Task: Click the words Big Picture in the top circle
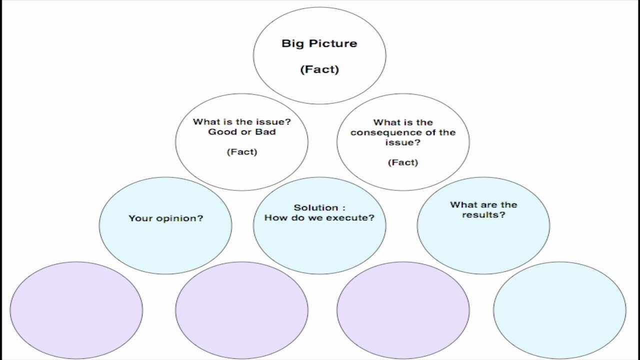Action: (x=319, y=43)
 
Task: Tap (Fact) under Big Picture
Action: (x=319, y=69)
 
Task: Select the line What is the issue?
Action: (x=242, y=122)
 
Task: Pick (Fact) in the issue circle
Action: (x=242, y=152)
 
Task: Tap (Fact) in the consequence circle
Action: (x=403, y=162)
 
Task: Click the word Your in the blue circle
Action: (x=140, y=218)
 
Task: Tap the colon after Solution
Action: (x=343, y=208)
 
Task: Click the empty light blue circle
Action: (x=559, y=310)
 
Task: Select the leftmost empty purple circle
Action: (x=76, y=310)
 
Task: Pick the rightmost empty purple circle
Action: (x=403, y=310)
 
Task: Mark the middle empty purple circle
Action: (x=241, y=310)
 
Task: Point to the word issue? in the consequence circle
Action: (x=403, y=142)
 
